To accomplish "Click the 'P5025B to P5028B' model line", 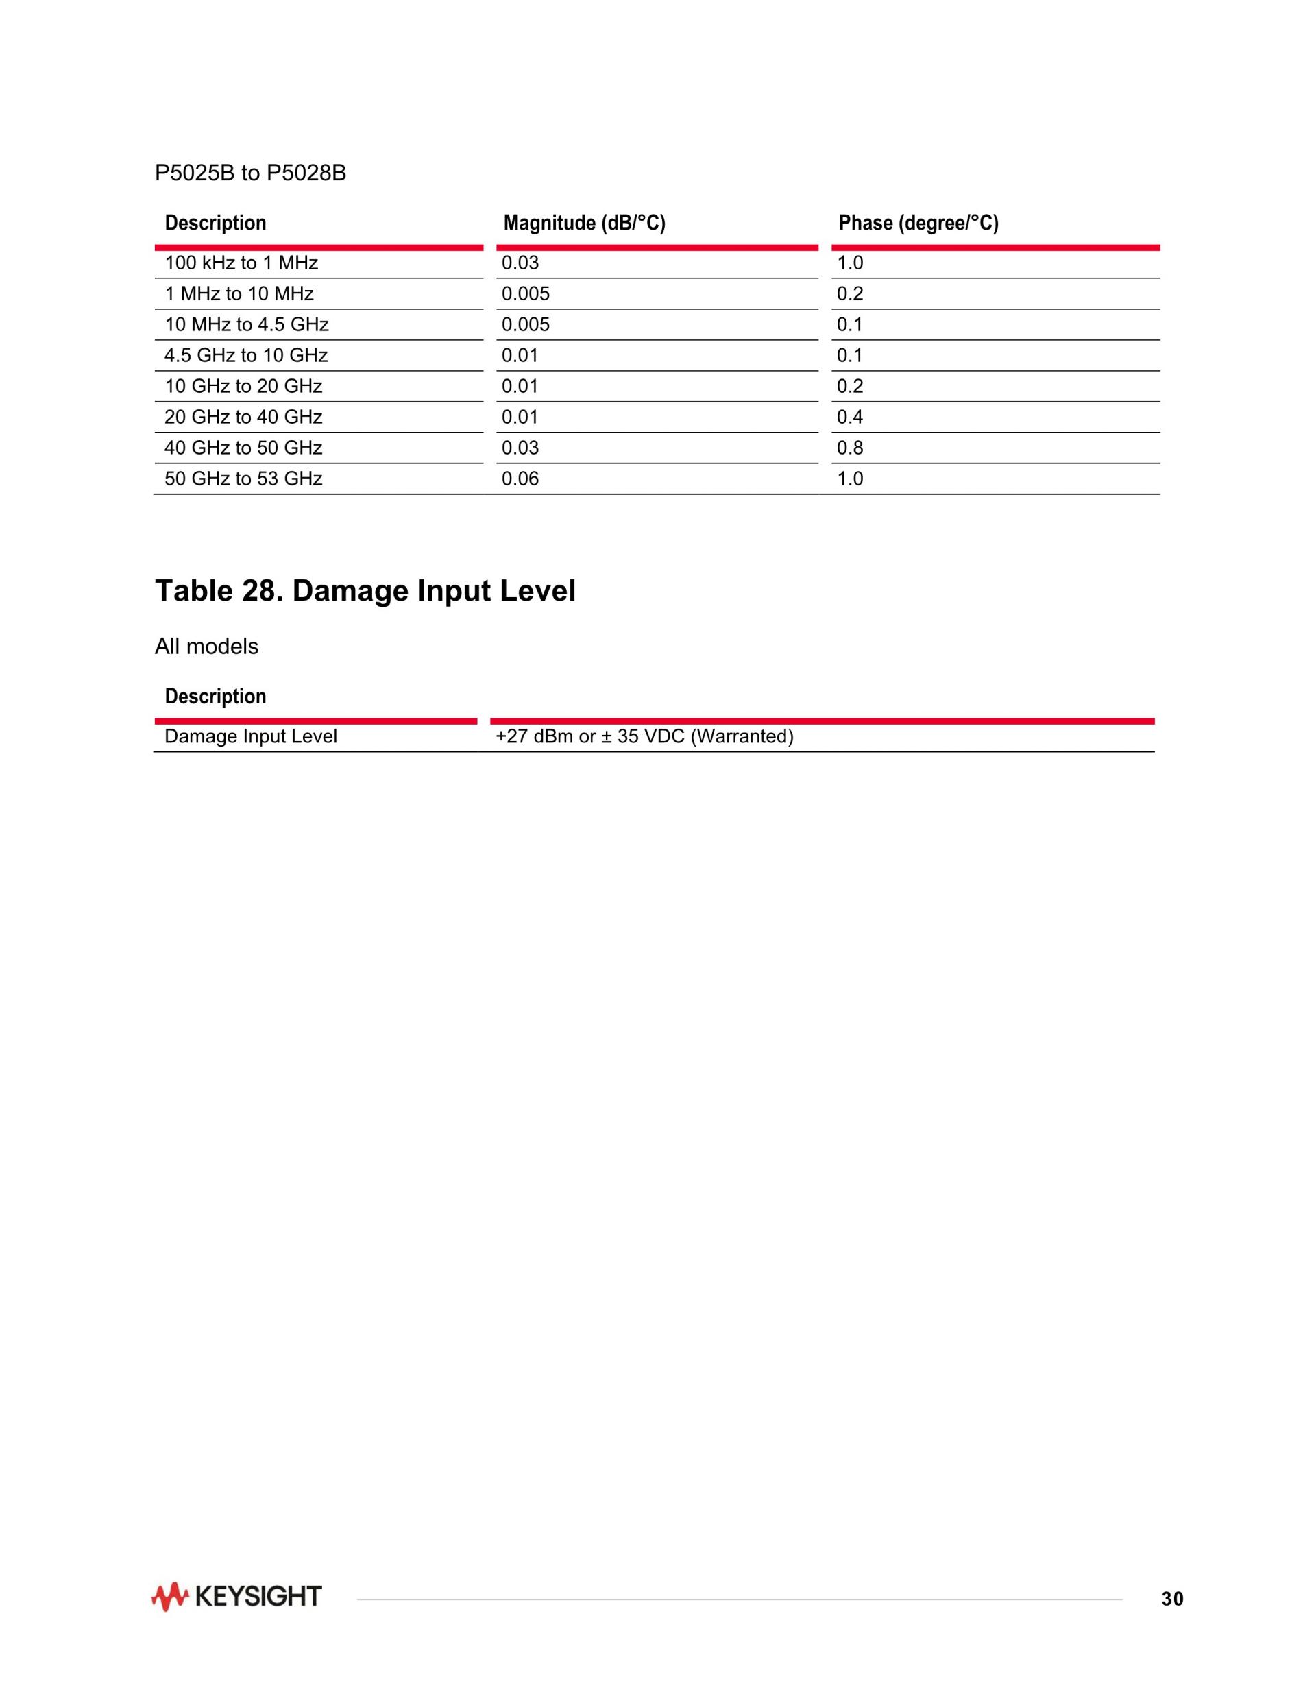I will point(250,172).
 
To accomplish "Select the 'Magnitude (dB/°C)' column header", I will point(584,223).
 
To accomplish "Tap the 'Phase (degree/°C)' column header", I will point(918,223).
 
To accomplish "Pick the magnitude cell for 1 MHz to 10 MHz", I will point(526,294).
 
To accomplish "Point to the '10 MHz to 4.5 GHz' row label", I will point(246,324).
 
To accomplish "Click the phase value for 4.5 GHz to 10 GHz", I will point(850,356).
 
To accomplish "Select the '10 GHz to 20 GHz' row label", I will point(243,386).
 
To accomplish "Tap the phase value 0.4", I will point(850,417).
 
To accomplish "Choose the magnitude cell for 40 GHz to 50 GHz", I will point(520,448).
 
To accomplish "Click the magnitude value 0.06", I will point(520,479).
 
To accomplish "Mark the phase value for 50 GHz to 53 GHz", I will point(850,479).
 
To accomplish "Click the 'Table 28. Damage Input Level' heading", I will point(365,590).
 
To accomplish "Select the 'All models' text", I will point(206,647).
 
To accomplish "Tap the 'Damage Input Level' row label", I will point(250,737).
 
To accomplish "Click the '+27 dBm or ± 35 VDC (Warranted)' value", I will point(644,737).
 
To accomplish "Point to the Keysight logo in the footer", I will point(236,1596).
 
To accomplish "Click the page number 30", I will point(1172,1599).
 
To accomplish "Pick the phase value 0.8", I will point(850,448).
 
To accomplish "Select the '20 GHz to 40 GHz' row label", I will point(243,417).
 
